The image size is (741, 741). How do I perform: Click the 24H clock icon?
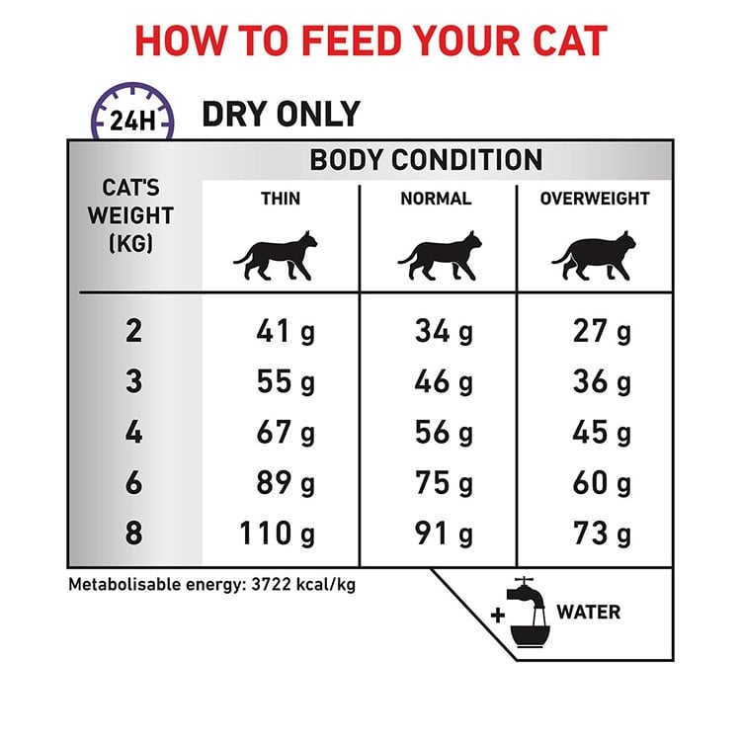132,113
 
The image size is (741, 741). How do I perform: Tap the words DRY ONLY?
282,115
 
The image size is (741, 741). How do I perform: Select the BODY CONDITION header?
426,160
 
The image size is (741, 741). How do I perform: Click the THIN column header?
281,199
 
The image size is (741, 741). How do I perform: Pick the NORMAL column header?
436,199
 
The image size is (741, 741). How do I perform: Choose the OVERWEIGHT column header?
595,199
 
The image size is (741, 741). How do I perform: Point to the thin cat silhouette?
276,256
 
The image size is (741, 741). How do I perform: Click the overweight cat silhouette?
594,256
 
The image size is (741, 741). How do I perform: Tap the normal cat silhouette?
440,256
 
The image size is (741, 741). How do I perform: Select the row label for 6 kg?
133,482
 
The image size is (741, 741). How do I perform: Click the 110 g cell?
278,534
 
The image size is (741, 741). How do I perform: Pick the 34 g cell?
444,331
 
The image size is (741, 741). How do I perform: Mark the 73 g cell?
602,534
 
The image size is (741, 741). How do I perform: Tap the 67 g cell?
286,432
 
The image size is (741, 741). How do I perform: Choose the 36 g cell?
602,381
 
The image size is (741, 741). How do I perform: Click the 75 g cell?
444,482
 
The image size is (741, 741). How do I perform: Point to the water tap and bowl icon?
528,613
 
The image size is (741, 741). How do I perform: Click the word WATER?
589,612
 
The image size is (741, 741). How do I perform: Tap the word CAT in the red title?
570,41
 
